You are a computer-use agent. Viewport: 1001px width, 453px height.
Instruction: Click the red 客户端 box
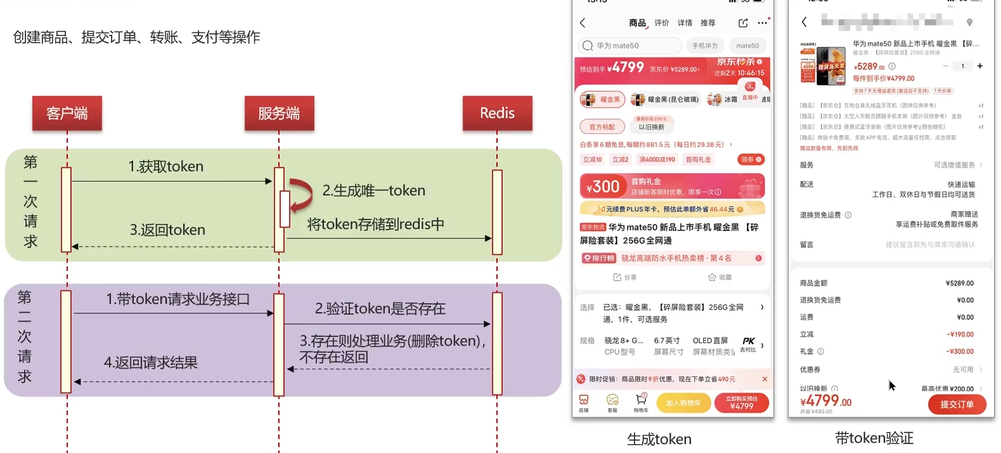click(67, 114)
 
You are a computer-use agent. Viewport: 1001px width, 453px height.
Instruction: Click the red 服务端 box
click(279, 114)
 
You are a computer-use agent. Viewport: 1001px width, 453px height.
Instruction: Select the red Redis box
click(497, 114)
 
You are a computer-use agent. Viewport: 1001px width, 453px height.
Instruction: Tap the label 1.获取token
click(166, 167)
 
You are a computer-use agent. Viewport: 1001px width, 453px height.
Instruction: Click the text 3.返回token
click(167, 230)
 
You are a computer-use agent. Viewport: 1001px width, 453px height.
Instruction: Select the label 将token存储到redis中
click(375, 225)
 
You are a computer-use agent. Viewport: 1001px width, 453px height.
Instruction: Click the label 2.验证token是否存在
click(380, 309)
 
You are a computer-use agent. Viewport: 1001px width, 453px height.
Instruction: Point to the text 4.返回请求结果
click(151, 363)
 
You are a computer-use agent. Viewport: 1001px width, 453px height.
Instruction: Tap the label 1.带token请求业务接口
click(178, 299)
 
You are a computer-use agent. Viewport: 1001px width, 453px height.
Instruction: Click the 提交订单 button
click(957, 405)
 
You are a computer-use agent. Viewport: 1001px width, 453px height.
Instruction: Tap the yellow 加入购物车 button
click(683, 403)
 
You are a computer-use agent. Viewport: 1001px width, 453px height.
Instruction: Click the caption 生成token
click(659, 439)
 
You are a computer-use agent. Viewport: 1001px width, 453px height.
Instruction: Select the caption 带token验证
click(874, 438)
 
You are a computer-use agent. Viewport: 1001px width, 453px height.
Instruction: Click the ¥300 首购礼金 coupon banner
click(672, 187)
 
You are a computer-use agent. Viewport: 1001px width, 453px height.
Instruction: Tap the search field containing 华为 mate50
click(630, 46)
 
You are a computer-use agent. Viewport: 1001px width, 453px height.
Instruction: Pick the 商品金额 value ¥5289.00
click(959, 284)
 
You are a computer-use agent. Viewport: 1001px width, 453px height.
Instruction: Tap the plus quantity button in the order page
click(979, 66)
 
